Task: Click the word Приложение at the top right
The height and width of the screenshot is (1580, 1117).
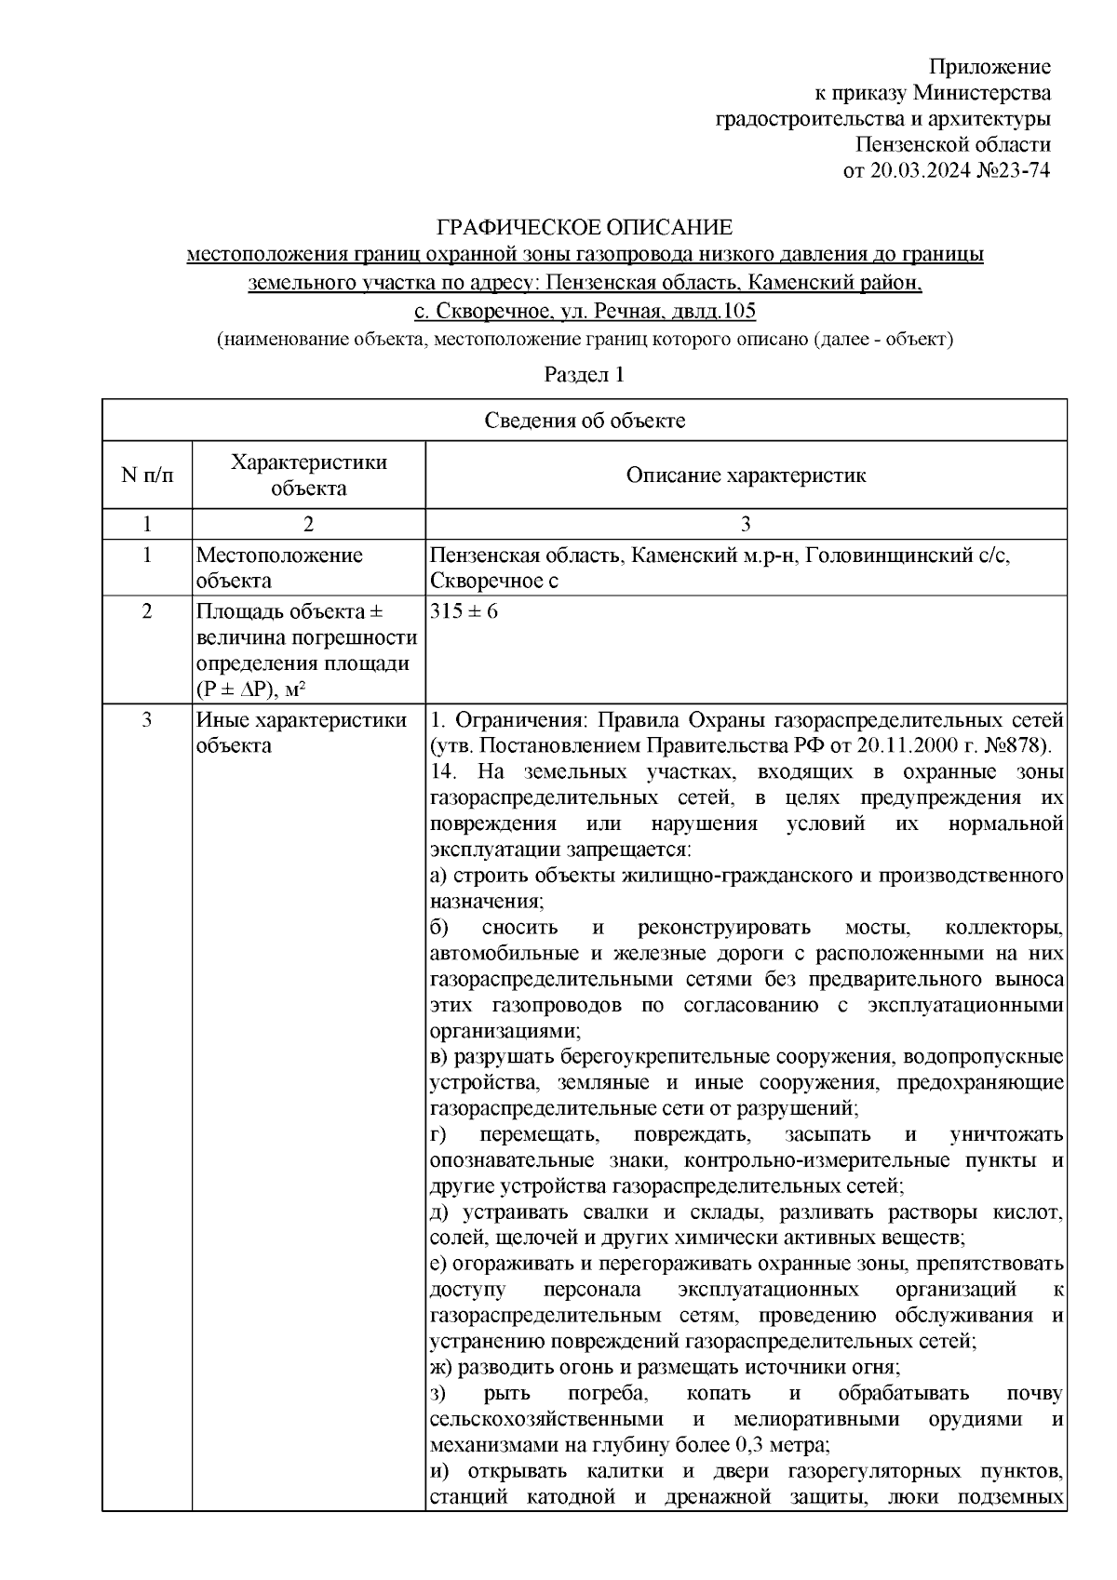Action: coord(989,67)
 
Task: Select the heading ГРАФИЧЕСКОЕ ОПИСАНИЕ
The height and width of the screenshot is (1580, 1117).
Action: coord(585,227)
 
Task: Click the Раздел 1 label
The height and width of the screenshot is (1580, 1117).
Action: coord(584,375)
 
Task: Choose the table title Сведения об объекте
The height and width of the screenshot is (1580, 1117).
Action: coord(585,421)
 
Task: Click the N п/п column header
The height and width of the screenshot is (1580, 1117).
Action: coord(146,475)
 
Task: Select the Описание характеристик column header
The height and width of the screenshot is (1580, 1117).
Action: coord(746,475)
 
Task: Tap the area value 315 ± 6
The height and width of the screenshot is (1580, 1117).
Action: coord(464,613)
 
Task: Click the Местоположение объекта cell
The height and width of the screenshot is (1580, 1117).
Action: coord(279,568)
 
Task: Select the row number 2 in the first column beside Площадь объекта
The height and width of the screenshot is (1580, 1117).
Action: coord(146,613)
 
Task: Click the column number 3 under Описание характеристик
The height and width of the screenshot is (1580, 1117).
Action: coord(746,523)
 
